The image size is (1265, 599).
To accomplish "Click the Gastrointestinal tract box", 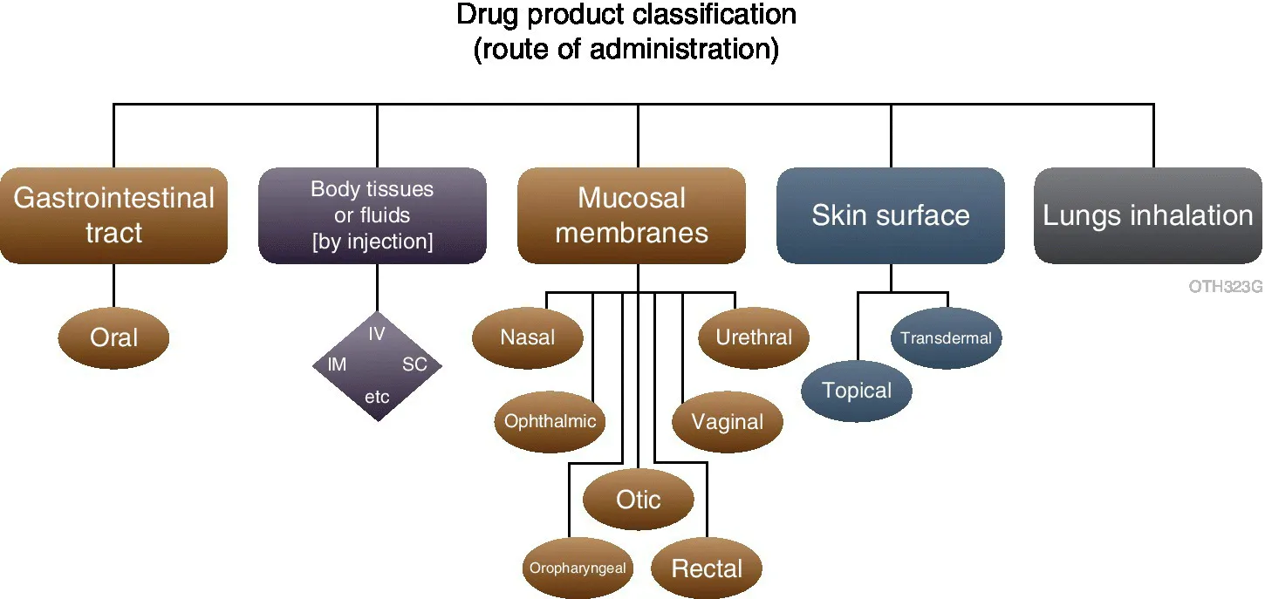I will pyautogui.click(x=114, y=215).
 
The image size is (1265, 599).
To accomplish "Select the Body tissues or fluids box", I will pyautogui.click(x=373, y=215).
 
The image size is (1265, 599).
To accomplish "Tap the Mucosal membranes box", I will pyautogui.click(x=632, y=215).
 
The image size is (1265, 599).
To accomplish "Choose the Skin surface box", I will pyautogui.click(x=890, y=215).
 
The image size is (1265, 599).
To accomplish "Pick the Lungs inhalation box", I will pyautogui.click(x=1148, y=215).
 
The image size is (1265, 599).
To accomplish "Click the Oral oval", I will pyautogui.click(x=114, y=337).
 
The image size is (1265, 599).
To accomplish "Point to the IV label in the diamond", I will pyautogui.click(x=377, y=334).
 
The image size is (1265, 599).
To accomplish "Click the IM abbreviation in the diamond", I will pyautogui.click(x=337, y=364).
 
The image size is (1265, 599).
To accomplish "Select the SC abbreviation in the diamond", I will pyautogui.click(x=414, y=364).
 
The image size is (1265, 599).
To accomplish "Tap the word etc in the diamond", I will pyautogui.click(x=377, y=398).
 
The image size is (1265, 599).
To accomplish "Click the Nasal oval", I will pyautogui.click(x=528, y=337).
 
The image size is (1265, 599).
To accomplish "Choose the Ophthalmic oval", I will pyautogui.click(x=550, y=422).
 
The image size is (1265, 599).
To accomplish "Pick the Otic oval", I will pyautogui.click(x=639, y=500).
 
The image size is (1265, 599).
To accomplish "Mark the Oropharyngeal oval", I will pyautogui.click(x=578, y=568).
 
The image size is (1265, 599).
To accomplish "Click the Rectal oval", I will pyautogui.click(x=707, y=569).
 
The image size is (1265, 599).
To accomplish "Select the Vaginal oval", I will pyautogui.click(x=728, y=422).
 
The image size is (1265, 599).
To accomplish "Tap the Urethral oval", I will pyautogui.click(x=754, y=337).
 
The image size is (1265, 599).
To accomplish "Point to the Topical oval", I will pyautogui.click(x=857, y=391).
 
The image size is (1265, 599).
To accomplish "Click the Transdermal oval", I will pyautogui.click(x=946, y=338).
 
